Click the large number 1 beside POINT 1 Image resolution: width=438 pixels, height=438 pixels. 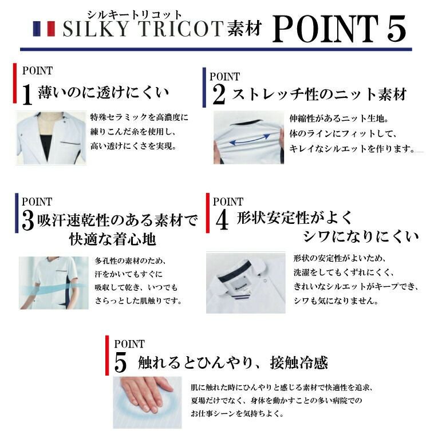pos(27,94)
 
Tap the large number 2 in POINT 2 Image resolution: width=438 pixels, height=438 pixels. pos(219,94)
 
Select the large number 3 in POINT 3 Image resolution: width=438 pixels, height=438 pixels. pos(27,220)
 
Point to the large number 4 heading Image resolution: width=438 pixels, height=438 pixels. pos(222,220)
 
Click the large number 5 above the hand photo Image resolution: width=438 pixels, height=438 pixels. pos(120,362)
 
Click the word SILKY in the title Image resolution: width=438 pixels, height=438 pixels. pos(96,29)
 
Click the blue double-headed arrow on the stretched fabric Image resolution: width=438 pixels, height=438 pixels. pos(250,139)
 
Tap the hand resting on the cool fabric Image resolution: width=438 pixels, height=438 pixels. pos(145,394)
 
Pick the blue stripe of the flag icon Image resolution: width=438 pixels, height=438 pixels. pos(37,29)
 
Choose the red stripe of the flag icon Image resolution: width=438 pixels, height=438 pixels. pos(51,29)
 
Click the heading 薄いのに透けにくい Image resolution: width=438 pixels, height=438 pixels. pos(103,92)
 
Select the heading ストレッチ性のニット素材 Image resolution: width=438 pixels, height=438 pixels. pos(319,94)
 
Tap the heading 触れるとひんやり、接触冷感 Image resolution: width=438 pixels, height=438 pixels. pos(232,362)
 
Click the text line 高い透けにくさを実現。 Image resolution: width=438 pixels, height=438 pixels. pos(133,146)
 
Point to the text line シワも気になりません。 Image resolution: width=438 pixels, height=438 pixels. pos(336,301)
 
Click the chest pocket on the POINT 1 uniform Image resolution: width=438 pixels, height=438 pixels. pos(70,144)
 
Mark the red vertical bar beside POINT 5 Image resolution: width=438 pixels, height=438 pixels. pos(107,356)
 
